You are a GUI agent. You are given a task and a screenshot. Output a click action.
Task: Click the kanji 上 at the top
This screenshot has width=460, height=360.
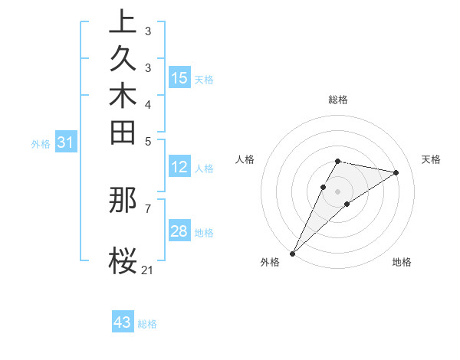123,22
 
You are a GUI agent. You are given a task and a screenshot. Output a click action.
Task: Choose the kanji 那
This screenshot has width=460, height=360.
123,201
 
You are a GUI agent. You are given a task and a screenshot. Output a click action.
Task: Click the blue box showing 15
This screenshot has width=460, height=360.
179,77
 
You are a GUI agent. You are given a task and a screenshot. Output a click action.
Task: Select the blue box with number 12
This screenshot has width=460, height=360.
179,168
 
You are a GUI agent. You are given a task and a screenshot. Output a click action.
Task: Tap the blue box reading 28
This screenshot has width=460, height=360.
179,231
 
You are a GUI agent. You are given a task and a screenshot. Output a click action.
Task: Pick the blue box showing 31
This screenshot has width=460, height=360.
66,142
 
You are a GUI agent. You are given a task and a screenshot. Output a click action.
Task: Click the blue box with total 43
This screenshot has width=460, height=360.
123,322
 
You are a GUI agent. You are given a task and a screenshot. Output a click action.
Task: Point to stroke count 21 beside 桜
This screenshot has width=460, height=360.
148,270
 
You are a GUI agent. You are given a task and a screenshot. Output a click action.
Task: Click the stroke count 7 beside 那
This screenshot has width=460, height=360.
148,208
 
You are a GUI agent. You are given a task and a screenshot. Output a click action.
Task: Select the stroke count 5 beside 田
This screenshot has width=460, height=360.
148,141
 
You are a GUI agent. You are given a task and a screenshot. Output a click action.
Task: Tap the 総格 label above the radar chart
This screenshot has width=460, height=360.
338,100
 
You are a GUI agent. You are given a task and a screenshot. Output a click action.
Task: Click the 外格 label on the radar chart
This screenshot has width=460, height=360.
270,262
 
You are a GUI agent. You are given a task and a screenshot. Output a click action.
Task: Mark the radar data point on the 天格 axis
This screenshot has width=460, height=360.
396,172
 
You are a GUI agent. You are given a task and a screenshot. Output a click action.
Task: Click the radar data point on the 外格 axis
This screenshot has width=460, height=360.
293,253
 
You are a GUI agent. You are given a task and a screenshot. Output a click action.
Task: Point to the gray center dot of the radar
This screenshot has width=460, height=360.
338,191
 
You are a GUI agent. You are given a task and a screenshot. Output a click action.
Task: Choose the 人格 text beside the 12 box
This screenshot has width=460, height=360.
204,169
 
